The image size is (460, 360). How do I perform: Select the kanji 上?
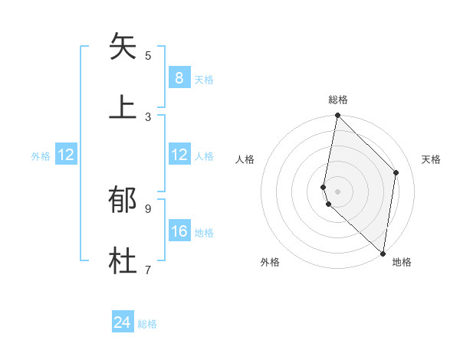click(123, 106)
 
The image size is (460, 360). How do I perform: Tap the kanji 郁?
click(123, 200)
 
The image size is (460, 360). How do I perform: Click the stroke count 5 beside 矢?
click(148, 55)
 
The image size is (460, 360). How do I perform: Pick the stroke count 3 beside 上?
click(148, 116)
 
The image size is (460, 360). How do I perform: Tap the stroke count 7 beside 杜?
click(148, 270)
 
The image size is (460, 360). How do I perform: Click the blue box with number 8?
click(179, 77)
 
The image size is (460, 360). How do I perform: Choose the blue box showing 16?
click(179, 231)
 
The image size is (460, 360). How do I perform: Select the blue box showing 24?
click(122, 322)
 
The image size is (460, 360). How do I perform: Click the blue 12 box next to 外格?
click(65, 155)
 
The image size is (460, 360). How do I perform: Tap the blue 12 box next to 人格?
click(179, 155)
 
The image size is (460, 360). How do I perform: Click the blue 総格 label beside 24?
click(147, 324)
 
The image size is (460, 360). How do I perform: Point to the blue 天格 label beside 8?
click(204, 79)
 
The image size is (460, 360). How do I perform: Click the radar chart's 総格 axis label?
click(337, 100)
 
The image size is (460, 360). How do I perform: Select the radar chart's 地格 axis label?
click(402, 262)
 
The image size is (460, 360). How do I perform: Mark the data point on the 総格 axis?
click(337, 116)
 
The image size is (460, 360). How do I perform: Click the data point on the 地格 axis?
click(383, 253)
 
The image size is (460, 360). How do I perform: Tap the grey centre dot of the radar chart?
click(337, 191)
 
